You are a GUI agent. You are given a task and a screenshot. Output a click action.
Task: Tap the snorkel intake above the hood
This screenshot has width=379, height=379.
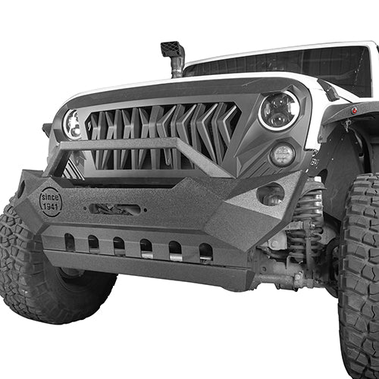coord(173,56)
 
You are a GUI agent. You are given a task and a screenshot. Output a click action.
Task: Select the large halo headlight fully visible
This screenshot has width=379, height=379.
coord(278,111)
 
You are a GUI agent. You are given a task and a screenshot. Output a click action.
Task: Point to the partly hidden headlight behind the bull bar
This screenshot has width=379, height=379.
coord(74,124)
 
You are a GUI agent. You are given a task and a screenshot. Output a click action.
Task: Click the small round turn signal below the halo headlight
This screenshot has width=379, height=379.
coord(282,155)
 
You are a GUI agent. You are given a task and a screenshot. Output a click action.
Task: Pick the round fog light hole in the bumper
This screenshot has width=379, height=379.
coord(269,195)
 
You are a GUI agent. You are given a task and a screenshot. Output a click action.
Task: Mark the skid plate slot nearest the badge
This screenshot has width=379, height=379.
coord(70,243)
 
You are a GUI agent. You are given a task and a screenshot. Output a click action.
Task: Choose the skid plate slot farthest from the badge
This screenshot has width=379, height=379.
coord(205,251)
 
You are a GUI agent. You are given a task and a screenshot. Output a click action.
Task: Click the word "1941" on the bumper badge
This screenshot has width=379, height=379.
coord(51,207)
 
